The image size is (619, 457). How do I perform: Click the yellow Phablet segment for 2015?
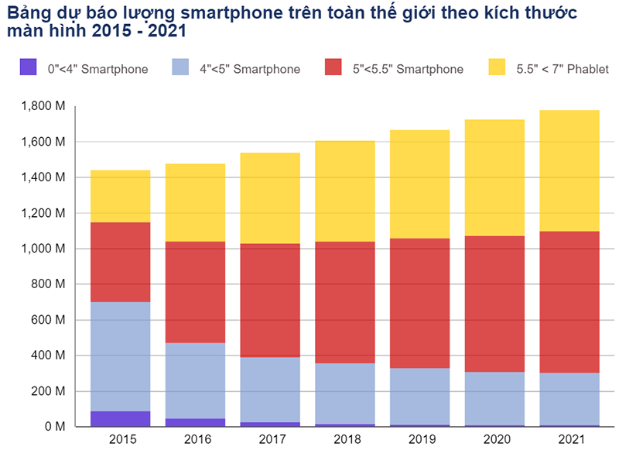[x=120, y=196]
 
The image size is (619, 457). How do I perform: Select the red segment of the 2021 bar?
[x=569, y=302]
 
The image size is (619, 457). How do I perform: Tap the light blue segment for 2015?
[x=120, y=356]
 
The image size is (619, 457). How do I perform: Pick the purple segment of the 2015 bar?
[x=120, y=418]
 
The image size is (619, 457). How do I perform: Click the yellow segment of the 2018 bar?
[x=345, y=191]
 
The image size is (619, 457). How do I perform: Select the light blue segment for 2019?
[x=420, y=396]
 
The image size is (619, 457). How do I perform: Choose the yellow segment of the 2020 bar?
[x=494, y=177]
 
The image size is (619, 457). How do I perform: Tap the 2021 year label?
[x=569, y=439]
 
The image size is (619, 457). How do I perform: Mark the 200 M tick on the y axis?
[x=48, y=391]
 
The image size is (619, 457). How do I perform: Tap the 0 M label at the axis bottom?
[x=53, y=427]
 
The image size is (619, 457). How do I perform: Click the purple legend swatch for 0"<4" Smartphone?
[x=29, y=68]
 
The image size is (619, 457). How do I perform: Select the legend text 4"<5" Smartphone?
[x=249, y=69]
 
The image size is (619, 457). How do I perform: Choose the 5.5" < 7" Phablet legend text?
[x=563, y=69]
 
